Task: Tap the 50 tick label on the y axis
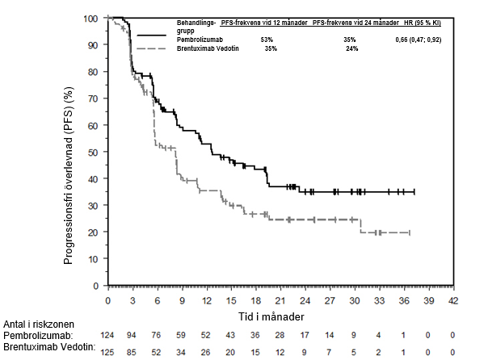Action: coord(94,152)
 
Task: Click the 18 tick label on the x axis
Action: coord(256,300)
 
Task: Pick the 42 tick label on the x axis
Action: coord(454,300)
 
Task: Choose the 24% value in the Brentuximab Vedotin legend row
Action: coord(352,49)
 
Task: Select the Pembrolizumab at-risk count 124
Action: coord(107,334)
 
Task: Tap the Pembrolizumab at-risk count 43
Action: coord(231,334)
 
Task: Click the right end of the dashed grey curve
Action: coord(410,232)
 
